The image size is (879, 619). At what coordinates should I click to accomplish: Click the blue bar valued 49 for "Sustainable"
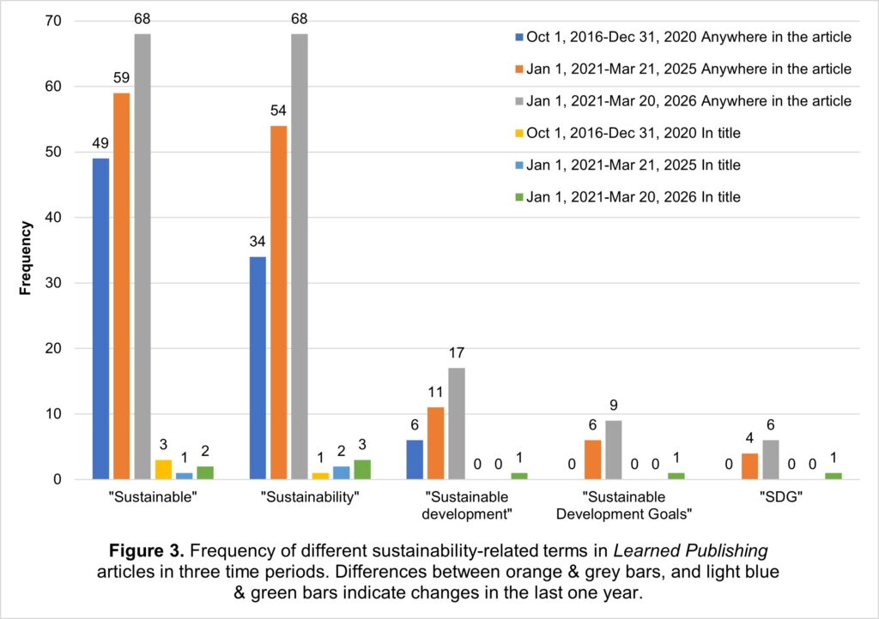(100, 319)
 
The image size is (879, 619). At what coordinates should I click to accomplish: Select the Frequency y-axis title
(26, 257)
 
